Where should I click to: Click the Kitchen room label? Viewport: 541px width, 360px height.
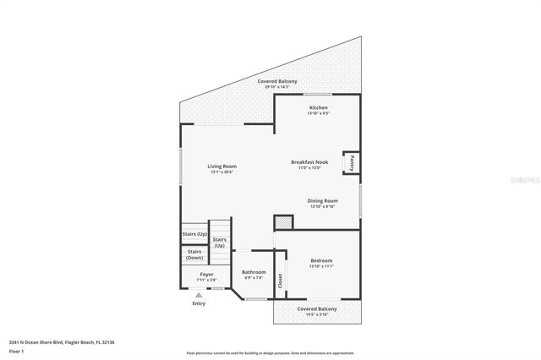[318, 108]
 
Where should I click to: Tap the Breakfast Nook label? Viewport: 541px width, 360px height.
[309, 161]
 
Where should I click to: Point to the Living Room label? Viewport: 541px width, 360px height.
[221, 166]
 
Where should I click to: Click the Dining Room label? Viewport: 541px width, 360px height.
[323, 201]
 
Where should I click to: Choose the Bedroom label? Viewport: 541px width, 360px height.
[321, 260]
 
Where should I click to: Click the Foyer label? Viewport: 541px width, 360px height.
[207, 275]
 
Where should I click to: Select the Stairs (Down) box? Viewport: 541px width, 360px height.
[194, 254]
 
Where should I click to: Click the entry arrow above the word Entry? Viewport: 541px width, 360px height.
[199, 295]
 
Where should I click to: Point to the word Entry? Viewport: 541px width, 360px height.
[199, 303]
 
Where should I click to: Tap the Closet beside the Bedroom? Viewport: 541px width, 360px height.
[281, 282]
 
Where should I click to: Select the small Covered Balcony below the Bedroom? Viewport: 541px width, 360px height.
[317, 309]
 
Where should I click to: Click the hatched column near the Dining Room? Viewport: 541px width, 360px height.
[284, 222]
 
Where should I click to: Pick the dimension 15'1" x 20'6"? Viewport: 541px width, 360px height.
[221, 172]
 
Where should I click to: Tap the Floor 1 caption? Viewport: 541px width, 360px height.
[17, 352]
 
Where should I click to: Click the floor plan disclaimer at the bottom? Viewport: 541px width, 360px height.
[270, 353]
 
